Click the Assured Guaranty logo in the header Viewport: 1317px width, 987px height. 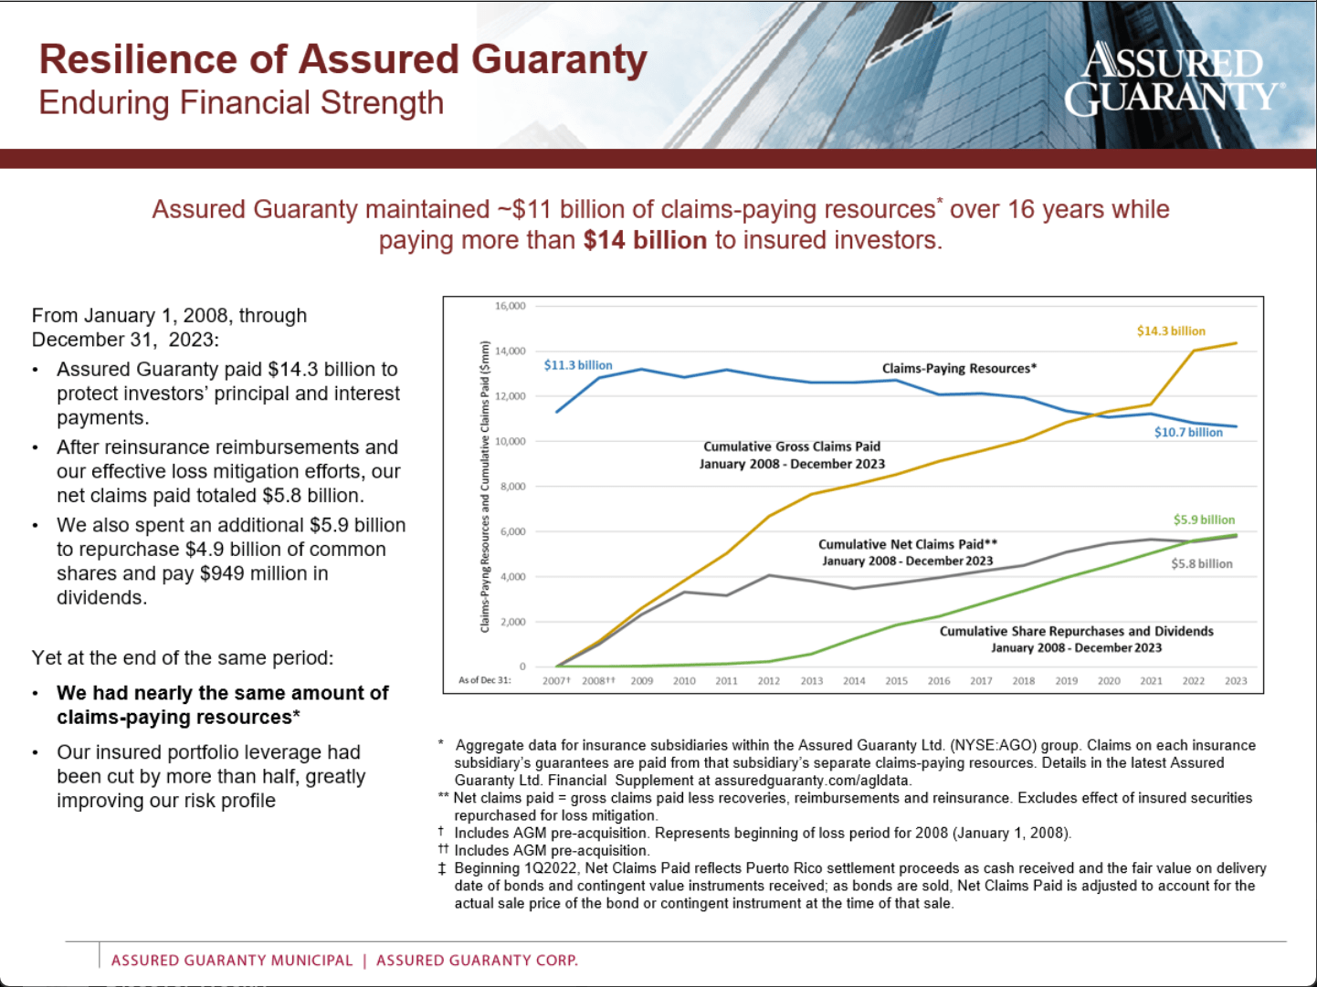point(1174,79)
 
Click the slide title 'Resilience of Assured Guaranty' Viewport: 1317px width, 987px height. point(342,59)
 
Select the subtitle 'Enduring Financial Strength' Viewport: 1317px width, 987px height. point(241,103)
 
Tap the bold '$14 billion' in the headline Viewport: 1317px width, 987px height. point(645,240)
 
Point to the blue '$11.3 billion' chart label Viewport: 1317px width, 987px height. point(578,365)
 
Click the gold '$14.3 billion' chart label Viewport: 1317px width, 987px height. point(1171,331)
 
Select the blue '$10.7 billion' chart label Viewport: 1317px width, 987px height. point(1188,432)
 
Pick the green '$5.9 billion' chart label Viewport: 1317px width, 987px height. point(1204,520)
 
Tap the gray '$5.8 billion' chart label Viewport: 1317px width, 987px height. point(1202,563)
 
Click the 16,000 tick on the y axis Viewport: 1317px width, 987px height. point(510,306)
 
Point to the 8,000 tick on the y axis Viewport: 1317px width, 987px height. point(512,487)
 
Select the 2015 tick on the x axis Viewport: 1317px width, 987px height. point(896,681)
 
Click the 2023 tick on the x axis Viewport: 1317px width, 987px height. point(1236,681)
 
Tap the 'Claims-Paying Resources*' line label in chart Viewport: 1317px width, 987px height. point(959,368)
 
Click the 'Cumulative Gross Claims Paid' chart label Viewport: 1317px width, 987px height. point(792,446)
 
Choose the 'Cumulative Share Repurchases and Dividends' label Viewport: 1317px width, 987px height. point(1076,631)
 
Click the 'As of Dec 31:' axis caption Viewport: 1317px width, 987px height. point(485,680)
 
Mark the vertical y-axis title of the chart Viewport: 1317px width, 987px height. point(485,487)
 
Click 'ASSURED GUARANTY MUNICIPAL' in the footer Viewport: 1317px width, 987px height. point(232,960)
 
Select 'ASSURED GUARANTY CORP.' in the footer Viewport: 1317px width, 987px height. point(477,960)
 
